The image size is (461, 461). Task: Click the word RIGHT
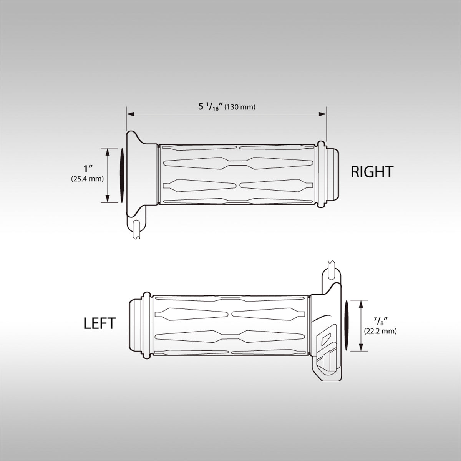(x=372, y=172)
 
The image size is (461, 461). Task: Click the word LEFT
(x=99, y=323)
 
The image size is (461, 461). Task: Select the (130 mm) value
(x=240, y=107)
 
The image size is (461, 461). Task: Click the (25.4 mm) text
(x=87, y=179)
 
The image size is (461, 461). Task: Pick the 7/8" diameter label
(x=380, y=320)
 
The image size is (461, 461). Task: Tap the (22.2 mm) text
(x=380, y=330)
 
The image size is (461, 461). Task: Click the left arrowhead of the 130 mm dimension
(x=129, y=114)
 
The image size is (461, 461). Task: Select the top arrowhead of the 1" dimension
(x=108, y=150)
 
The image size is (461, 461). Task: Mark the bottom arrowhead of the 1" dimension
(x=108, y=199)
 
